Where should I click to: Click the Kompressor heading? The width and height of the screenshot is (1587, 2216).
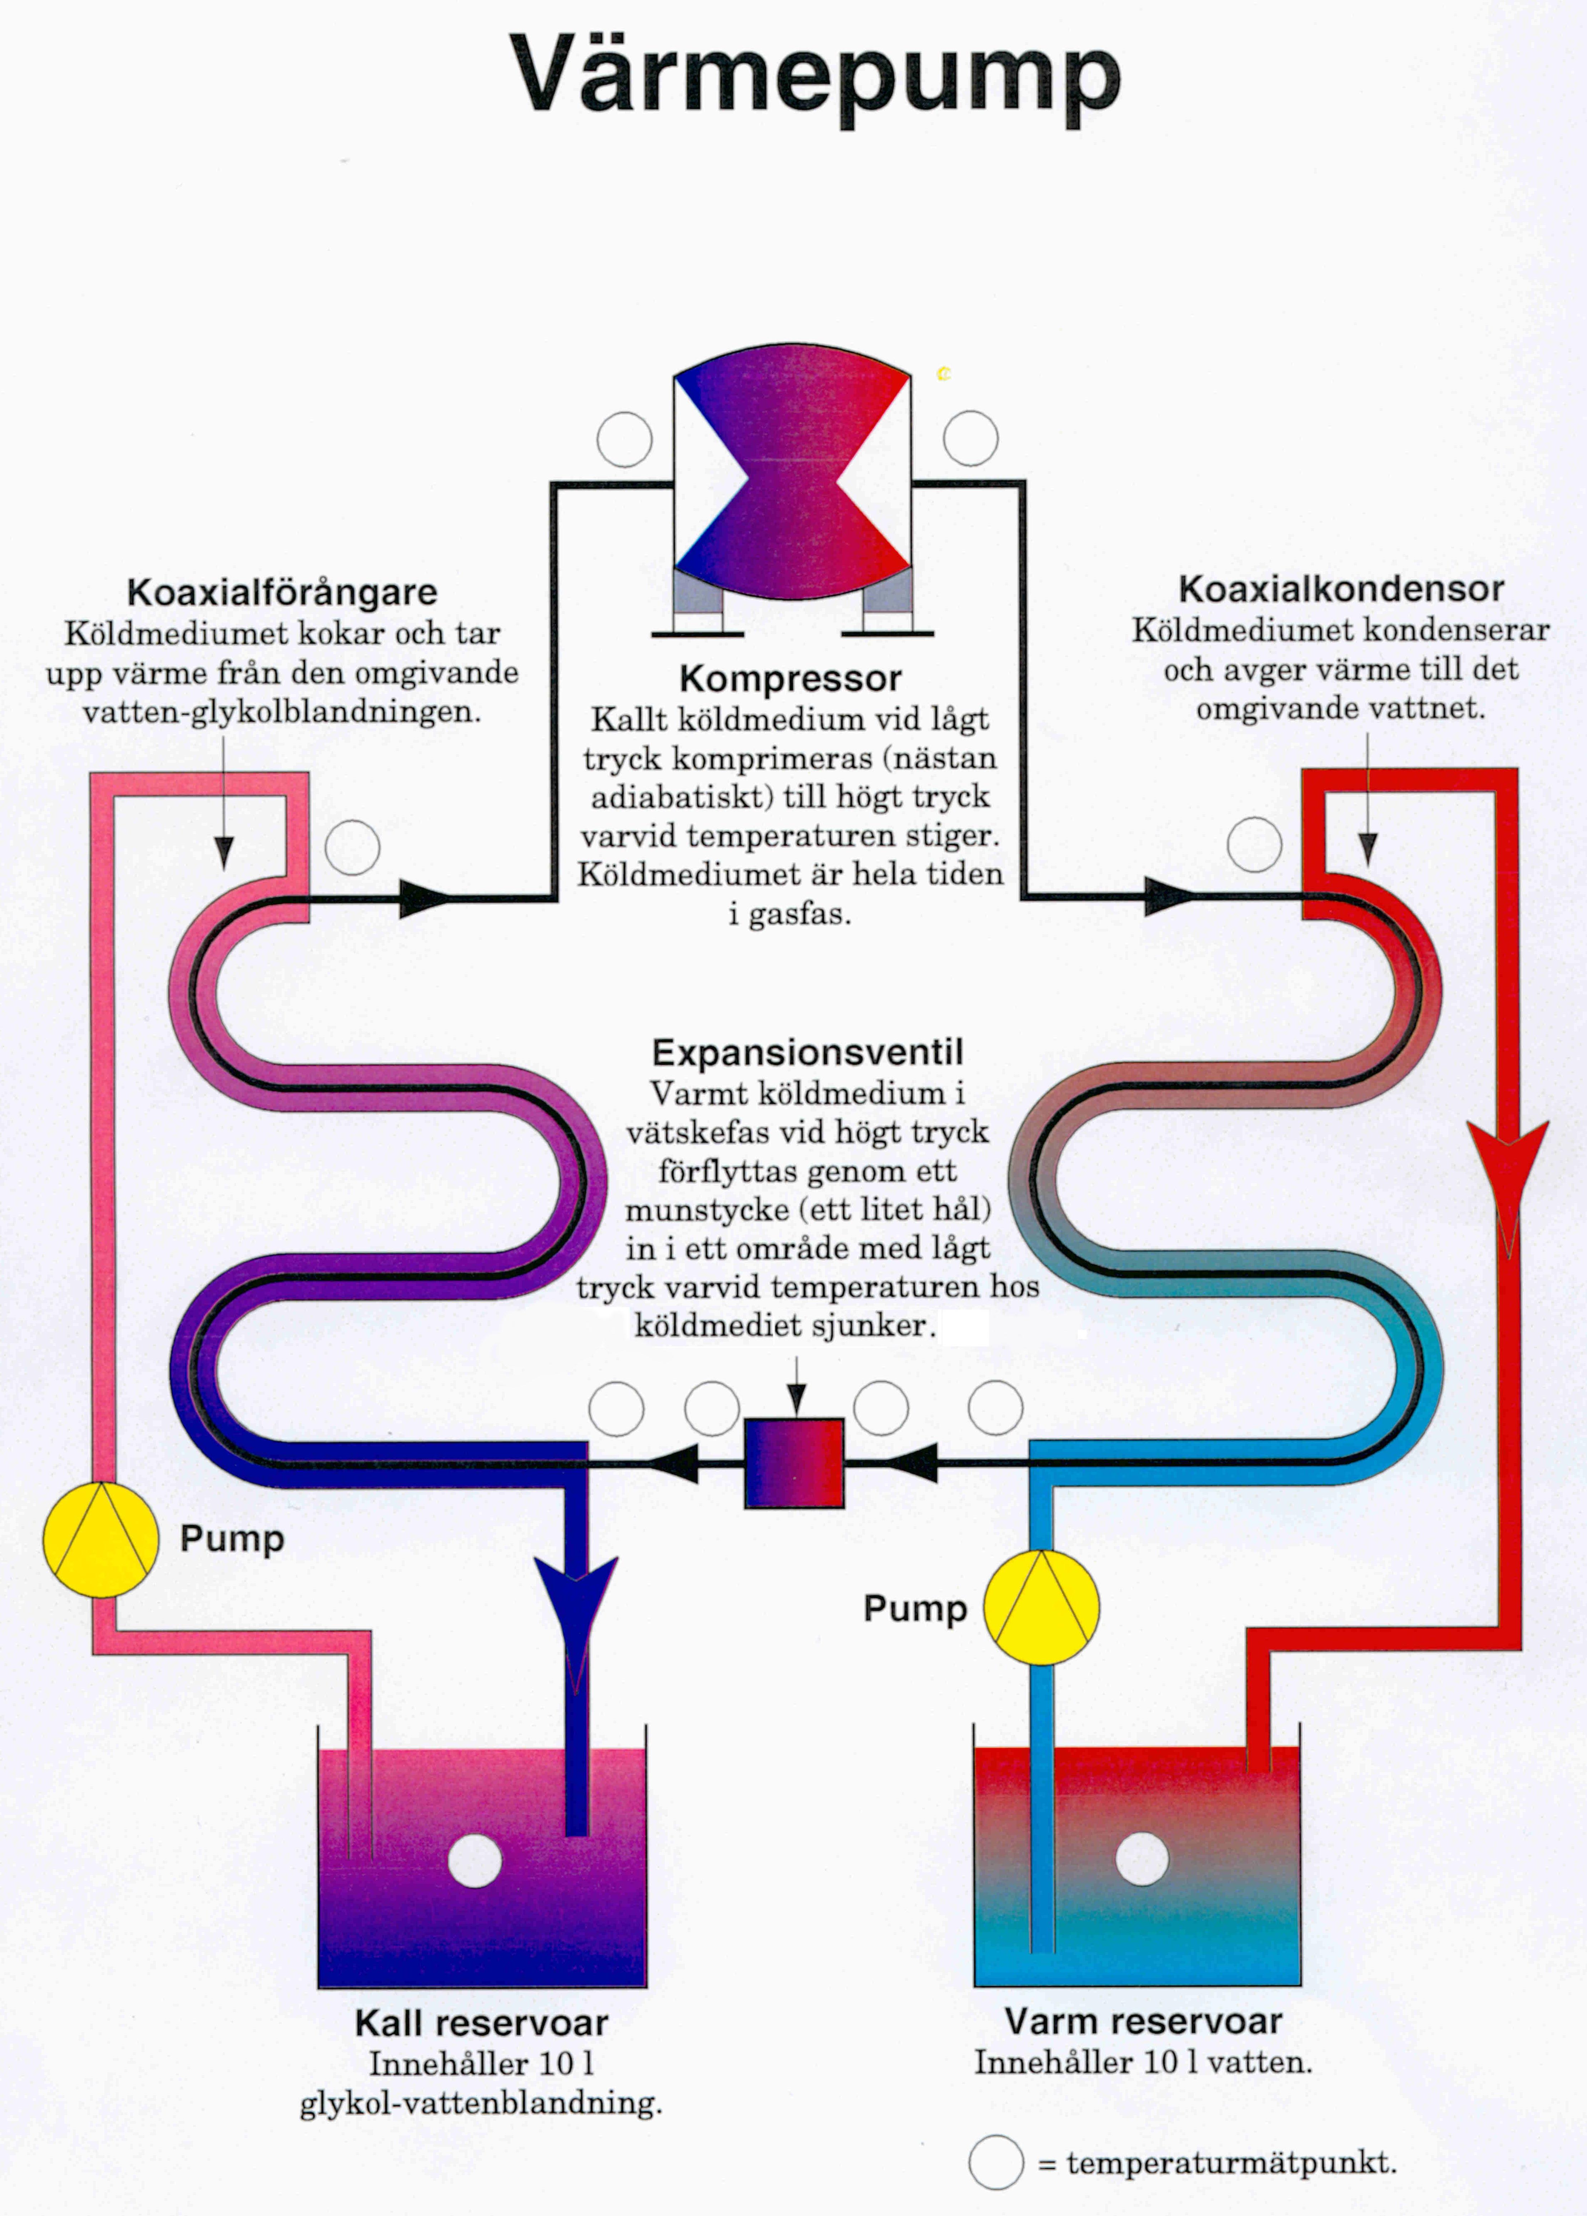[x=791, y=678]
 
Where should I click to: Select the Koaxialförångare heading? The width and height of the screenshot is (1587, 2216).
[x=282, y=592]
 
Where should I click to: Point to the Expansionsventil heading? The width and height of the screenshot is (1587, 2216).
[x=807, y=1052]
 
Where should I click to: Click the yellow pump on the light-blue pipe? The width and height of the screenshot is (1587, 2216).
[x=1041, y=1607]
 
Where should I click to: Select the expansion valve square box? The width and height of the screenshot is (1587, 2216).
[x=795, y=1463]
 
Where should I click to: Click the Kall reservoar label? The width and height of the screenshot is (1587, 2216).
[x=481, y=2023]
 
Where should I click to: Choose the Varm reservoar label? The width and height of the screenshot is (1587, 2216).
[x=1143, y=2020]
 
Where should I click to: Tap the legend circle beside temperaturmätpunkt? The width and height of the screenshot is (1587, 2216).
[x=996, y=2162]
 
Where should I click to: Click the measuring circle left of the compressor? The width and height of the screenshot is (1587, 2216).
[x=624, y=440]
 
